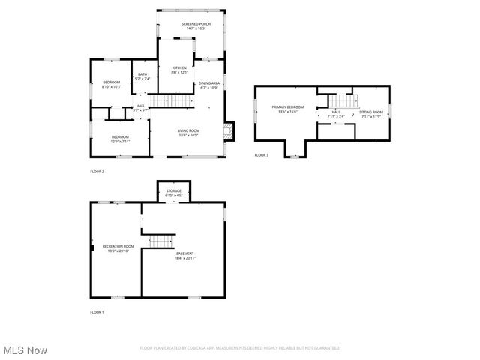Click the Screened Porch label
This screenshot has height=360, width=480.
click(196, 24)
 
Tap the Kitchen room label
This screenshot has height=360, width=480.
click(178, 67)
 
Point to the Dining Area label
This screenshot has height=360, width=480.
click(209, 83)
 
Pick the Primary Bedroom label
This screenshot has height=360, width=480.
click(288, 107)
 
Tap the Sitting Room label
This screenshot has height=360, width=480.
click(371, 112)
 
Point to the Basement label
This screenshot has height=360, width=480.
click(185, 253)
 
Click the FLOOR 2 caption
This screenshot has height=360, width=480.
click(97, 172)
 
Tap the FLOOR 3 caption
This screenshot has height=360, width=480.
click(261, 154)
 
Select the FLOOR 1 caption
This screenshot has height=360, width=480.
click(97, 311)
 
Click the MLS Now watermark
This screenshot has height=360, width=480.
click(25, 350)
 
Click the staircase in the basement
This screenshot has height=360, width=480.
click(160, 240)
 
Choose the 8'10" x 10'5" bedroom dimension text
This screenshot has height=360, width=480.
click(111, 85)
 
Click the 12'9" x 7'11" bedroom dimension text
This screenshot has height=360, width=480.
click(121, 141)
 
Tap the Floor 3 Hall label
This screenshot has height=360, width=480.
click(336, 112)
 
